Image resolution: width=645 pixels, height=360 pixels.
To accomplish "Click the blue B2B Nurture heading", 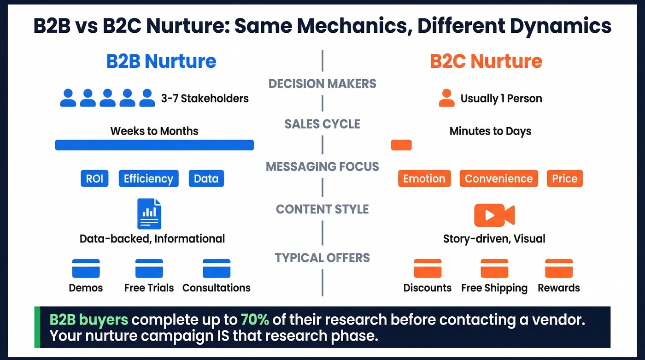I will (x=161, y=61).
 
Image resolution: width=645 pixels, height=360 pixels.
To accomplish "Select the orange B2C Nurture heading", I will (x=486, y=61).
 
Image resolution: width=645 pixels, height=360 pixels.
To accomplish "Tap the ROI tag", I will (x=94, y=178).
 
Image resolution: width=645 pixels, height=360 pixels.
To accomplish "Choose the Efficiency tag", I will (x=148, y=178).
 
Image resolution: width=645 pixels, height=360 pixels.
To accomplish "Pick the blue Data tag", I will (x=206, y=178).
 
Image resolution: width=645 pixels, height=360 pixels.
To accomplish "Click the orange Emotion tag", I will (x=424, y=178).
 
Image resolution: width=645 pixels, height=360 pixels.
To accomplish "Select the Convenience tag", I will (x=498, y=178).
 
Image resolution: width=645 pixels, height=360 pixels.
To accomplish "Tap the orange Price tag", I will (x=564, y=178).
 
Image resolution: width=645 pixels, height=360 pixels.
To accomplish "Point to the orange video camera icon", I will (x=494, y=215).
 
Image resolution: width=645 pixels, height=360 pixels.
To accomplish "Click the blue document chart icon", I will (x=149, y=213).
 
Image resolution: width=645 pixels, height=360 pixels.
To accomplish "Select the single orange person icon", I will (x=446, y=98).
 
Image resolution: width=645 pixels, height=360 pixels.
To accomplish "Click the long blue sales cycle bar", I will (x=154, y=145).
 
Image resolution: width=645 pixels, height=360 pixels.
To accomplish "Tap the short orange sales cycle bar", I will (x=401, y=145).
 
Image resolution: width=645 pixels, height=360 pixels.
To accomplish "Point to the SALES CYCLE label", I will (x=322, y=124).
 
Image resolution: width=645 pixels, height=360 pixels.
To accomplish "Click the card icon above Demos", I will (x=86, y=268).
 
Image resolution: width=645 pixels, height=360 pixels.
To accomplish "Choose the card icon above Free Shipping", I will (x=494, y=268).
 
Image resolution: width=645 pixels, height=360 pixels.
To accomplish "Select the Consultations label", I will (x=217, y=288).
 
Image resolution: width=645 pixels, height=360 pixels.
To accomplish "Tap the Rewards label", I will (x=558, y=288).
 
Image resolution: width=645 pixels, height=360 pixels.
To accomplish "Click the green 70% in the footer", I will (x=255, y=319).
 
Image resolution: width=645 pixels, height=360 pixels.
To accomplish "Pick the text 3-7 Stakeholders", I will (x=205, y=98).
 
